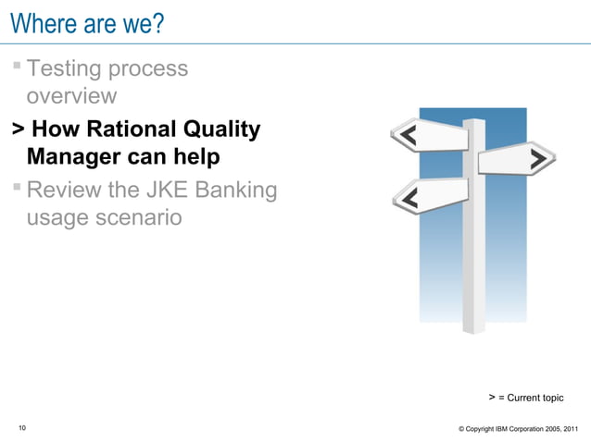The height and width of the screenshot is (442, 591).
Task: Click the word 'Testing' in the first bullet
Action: coord(67,68)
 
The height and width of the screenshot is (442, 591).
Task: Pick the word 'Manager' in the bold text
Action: coord(78,157)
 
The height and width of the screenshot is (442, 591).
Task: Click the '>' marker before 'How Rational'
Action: coord(17,129)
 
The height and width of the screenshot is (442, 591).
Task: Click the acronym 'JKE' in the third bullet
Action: coord(170,190)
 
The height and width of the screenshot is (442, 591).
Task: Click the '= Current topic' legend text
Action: coord(531,398)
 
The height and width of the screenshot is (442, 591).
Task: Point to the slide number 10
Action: coord(22,427)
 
